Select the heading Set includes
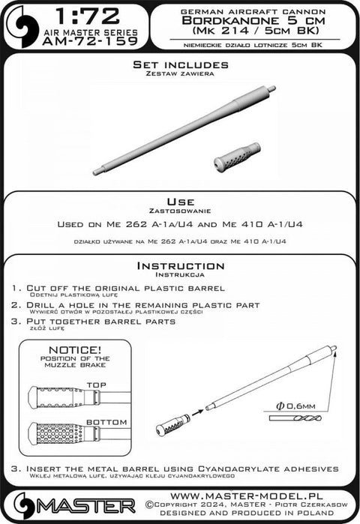(179, 65)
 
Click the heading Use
(179, 202)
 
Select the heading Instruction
(179, 266)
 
